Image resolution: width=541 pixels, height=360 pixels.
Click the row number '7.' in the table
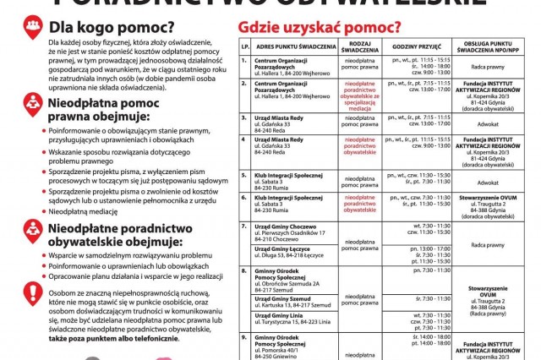coord(243,226)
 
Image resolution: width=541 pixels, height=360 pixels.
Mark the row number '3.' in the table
coord(243,117)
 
